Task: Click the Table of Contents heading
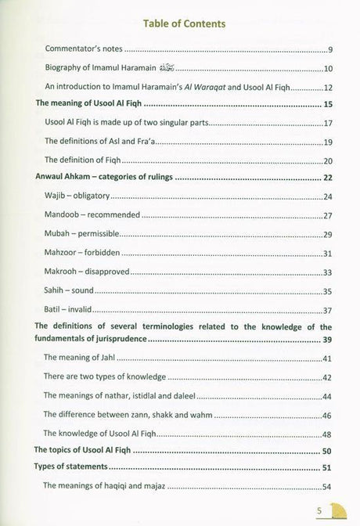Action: click(179, 24)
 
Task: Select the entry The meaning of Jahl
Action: click(85, 359)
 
